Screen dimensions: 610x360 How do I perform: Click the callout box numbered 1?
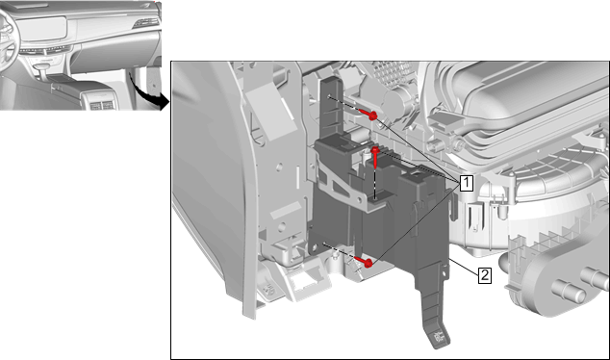point(467,183)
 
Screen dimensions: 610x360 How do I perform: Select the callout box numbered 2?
point(484,275)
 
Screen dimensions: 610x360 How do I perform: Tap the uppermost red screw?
point(369,115)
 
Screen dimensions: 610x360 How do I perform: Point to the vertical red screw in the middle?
point(375,156)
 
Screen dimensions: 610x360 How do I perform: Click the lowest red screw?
point(364,262)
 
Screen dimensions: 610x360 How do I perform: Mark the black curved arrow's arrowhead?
point(165,102)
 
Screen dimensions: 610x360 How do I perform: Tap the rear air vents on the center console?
point(102,105)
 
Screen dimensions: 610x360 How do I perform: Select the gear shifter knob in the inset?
point(41,67)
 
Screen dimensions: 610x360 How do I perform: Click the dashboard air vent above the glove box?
point(146,23)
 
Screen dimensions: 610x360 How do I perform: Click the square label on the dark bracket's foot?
point(439,336)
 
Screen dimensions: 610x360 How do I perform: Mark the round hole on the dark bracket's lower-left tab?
point(324,244)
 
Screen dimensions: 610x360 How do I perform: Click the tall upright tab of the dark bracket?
point(332,107)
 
